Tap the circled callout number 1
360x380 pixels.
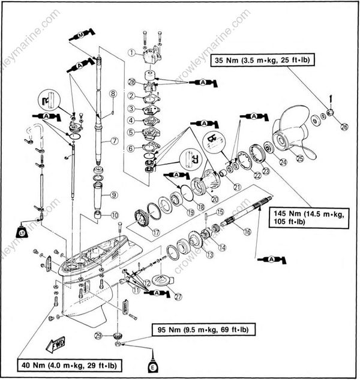point(131,53)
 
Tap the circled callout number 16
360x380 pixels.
point(246,230)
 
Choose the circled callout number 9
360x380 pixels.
point(114,195)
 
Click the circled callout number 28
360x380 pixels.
point(131,81)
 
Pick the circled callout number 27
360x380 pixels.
point(177,295)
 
